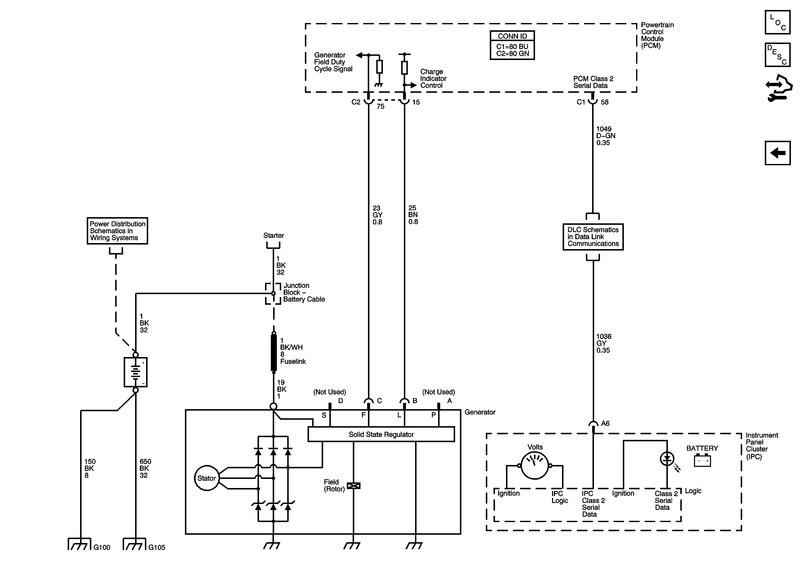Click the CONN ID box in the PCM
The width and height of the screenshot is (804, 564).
[512, 45]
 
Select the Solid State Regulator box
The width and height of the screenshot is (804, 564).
[381, 434]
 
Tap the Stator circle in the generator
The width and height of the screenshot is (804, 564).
[206, 478]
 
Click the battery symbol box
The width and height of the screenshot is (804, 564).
[136, 372]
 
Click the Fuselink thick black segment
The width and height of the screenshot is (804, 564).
[274, 353]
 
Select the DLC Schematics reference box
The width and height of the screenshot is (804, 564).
[593, 237]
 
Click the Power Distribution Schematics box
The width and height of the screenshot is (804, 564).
[117, 231]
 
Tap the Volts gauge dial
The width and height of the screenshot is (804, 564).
[534, 465]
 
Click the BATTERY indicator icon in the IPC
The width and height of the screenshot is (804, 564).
[702, 460]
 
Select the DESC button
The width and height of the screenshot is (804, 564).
[777, 55]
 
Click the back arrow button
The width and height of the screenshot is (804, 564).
[777, 153]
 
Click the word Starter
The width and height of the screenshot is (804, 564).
[274, 235]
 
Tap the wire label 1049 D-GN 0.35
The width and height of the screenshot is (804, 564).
[605, 136]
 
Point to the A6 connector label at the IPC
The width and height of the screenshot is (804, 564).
[605, 423]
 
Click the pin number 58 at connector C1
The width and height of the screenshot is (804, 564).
[604, 102]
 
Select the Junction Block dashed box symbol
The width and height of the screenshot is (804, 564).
[273, 294]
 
